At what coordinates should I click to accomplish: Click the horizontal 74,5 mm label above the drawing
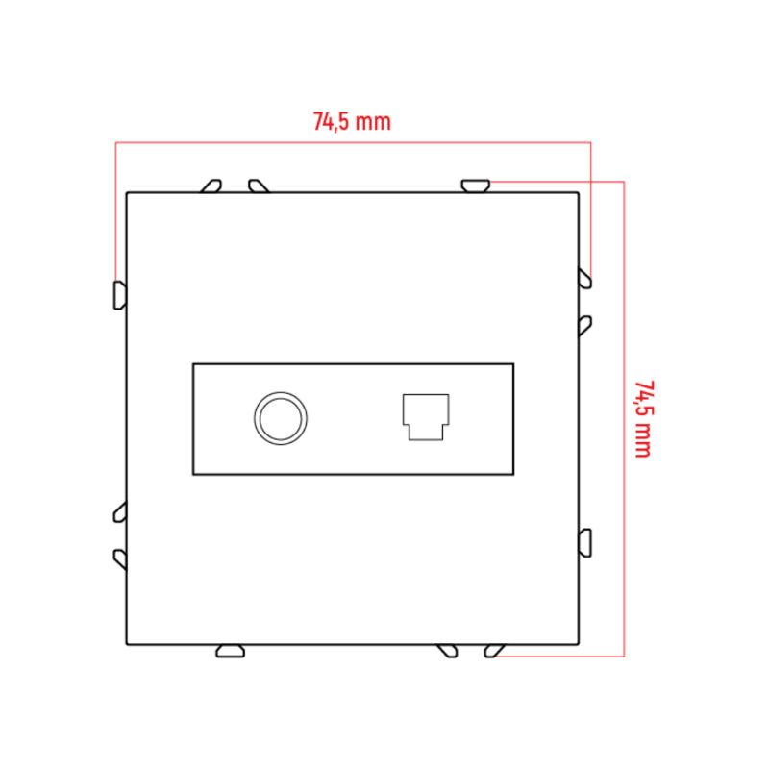tap(352, 121)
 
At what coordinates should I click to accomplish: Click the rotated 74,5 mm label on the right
tap(643, 419)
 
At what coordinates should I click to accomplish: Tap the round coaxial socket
tap(281, 418)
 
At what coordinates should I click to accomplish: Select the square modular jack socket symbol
tap(426, 417)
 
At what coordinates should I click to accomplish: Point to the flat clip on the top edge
tap(476, 186)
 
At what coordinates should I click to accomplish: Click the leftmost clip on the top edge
tap(211, 186)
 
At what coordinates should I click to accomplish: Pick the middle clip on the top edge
tap(259, 186)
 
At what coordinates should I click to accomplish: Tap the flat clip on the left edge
tap(120, 295)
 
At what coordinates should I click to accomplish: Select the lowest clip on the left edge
tap(120, 559)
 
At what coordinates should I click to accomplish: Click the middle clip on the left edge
tap(120, 512)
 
